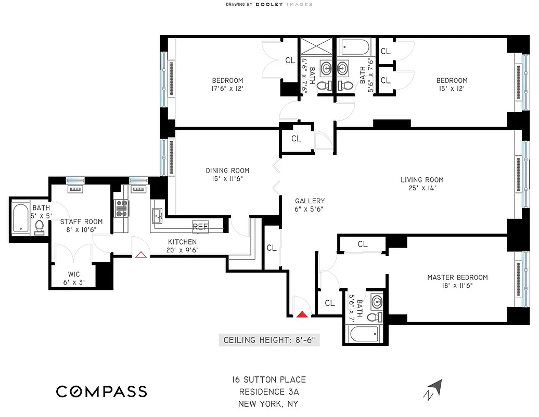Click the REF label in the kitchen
tap(200, 227)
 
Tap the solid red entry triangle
tap(302, 314)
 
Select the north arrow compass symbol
tap(435, 390)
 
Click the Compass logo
tap(101, 391)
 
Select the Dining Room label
tap(227, 175)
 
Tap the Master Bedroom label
tap(457, 281)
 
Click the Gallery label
tap(310, 205)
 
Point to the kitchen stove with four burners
tap(121, 208)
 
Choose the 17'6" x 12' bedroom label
tap(227, 84)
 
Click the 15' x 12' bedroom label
tap(452, 84)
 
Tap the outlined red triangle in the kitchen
tap(140, 254)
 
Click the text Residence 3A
tap(269, 392)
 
